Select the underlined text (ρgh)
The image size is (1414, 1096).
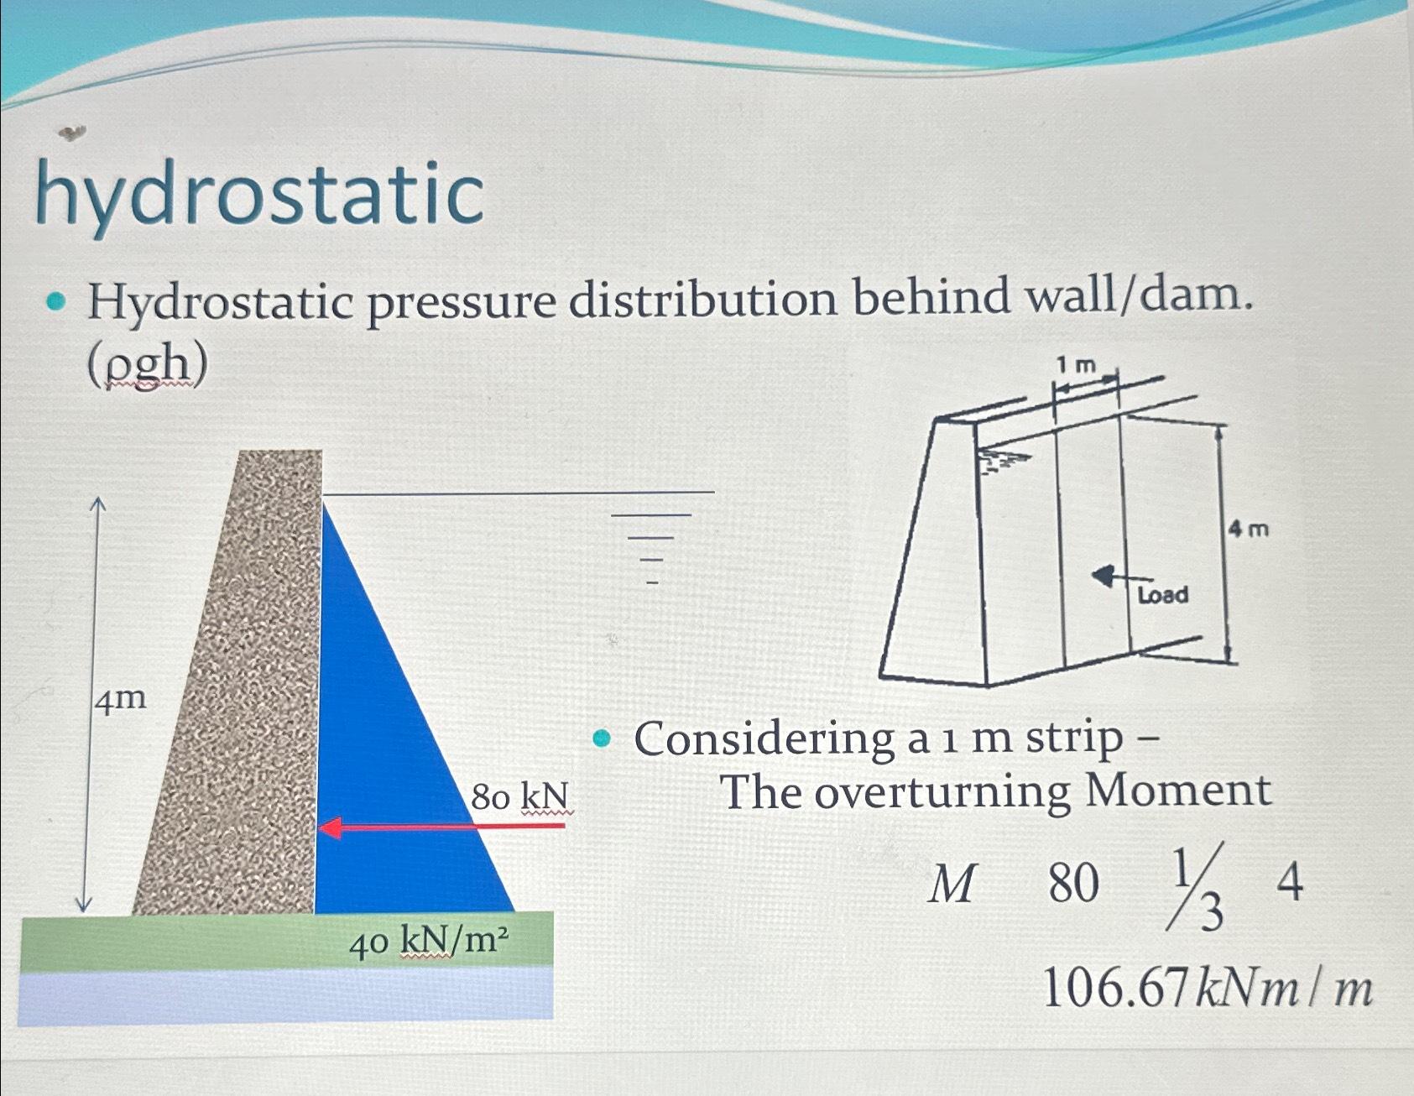[148, 365]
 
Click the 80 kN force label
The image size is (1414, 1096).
[519, 796]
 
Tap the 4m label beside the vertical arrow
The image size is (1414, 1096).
[120, 698]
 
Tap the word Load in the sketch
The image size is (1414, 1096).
[1162, 595]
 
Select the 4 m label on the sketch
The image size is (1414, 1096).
[1249, 530]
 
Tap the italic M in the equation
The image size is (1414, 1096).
[952, 884]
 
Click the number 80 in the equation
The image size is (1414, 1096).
[1073, 884]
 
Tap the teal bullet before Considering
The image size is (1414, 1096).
[601, 739]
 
